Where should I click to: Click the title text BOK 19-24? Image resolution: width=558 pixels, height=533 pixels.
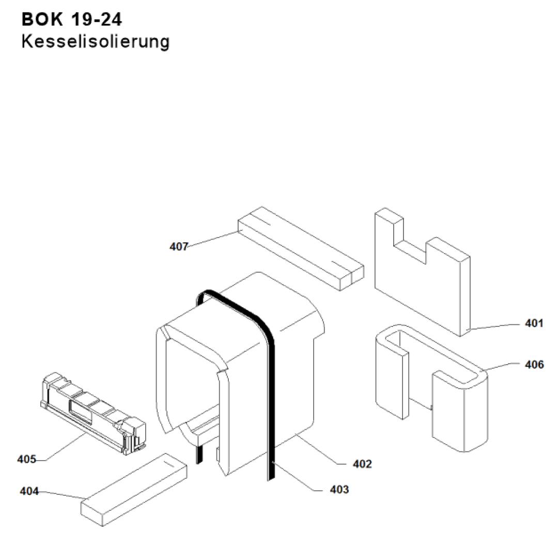72,21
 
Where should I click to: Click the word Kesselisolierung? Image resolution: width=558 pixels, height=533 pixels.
96,42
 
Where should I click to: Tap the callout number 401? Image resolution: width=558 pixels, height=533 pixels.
534,324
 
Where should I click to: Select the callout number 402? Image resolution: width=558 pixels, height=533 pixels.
362,464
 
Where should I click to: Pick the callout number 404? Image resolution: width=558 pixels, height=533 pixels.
29,491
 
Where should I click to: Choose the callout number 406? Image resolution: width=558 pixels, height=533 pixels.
534,365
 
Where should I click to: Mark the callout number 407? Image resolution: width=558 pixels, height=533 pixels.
179,246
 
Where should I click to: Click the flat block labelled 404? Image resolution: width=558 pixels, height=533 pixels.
132,490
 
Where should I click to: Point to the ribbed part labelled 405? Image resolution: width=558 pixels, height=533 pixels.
93,408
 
